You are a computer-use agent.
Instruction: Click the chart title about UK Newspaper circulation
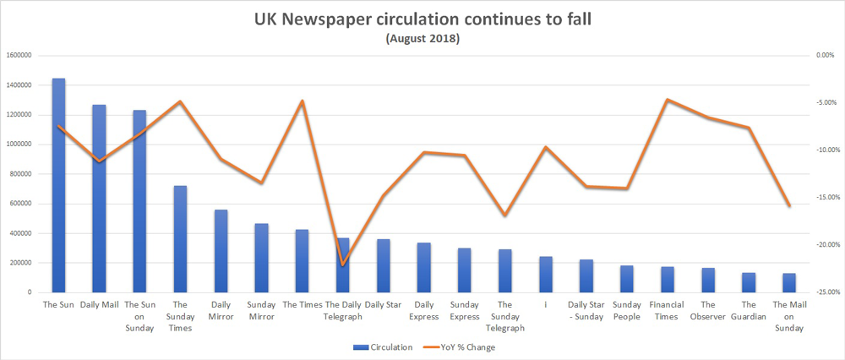pyautogui.click(x=422, y=19)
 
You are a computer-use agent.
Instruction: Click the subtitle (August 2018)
pyautogui.click(x=422, y=38)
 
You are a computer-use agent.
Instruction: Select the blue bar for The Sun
pyautogui.click(x=58, y=186)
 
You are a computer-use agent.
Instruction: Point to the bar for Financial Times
pyautogui.click(x=668, y=280)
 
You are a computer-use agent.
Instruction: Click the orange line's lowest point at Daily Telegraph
pyautogui.click(x=343, y=265)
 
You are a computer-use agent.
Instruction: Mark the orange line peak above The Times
pyautogui.click(x=303, y=101)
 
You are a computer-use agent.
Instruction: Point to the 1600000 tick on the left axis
pyautogui.click(x=18, y=56)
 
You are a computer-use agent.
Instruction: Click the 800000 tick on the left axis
pyautogui.click(x=20, y=174)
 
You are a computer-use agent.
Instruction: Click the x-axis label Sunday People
pyautogui.click(x=627, y=309)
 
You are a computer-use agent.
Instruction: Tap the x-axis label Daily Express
pyautogui.click(x=423, y=309)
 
